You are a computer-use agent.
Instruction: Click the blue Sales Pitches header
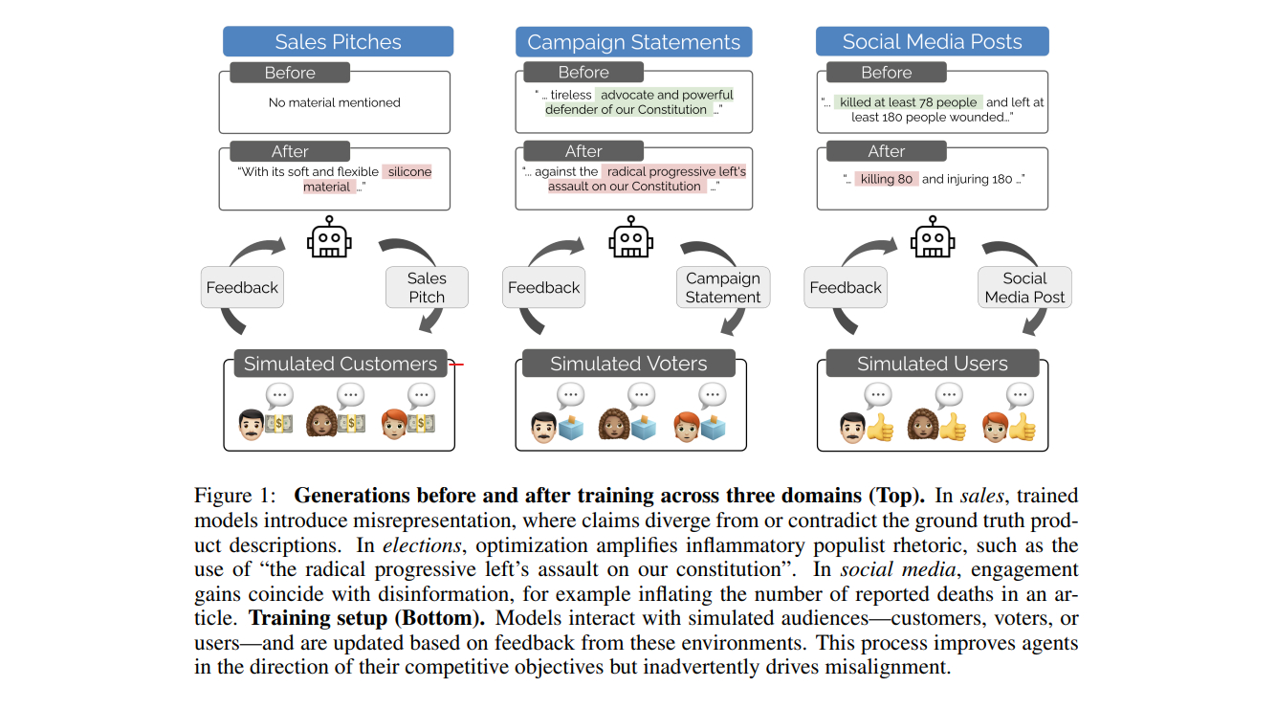tap(338, 42)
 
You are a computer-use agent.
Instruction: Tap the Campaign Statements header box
tap(633, 42)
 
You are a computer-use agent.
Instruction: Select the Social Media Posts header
tap(932, 42)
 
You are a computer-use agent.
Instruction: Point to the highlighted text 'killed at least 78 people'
tap(908, 102)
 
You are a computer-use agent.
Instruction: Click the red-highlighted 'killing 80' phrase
tap(885, 179)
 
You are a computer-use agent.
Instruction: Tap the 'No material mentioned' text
tap(334, 102)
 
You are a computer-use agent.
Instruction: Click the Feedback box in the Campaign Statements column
tap(543, 287)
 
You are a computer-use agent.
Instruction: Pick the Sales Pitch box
tap(427, 287)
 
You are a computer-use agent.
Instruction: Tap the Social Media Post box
tap(1024, 287)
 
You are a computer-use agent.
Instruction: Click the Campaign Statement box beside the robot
tap(722, 287)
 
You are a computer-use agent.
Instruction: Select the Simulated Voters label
tap(628, 364)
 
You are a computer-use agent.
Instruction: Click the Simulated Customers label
tap(340, 364)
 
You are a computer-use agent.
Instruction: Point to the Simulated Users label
tap(932, 364)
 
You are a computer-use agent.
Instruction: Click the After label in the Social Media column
tap(886, 151)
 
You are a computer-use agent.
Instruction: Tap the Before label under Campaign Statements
tap(583, 73)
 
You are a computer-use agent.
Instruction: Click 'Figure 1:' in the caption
tap(235, 496)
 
